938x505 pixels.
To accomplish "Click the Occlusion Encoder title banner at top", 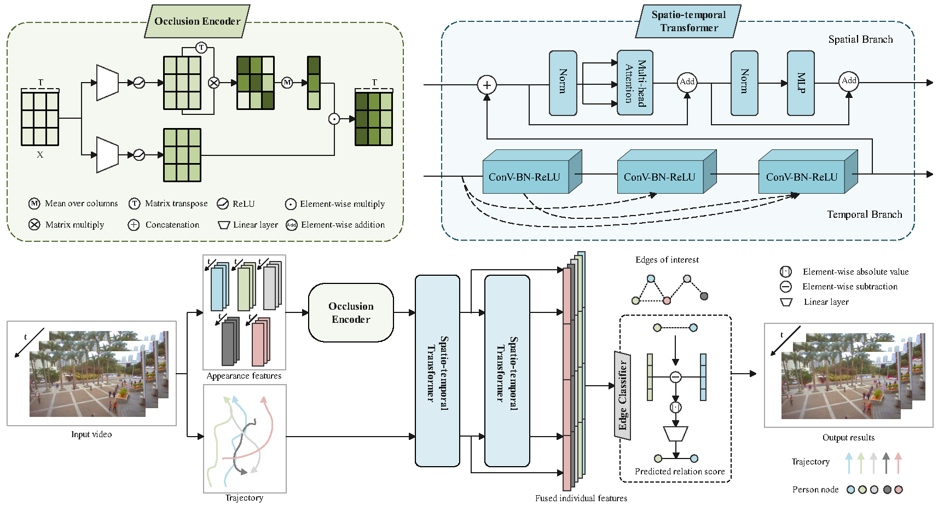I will (197, 21).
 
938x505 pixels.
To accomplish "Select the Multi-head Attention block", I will (635, 83).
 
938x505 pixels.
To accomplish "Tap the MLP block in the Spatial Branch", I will (801, 83).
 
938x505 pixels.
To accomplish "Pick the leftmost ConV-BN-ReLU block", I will (524, 177).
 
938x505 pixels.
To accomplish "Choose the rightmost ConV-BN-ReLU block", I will (801, 177).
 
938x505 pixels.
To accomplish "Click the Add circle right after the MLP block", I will (849, 81).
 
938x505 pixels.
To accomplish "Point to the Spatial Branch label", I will (860, 39).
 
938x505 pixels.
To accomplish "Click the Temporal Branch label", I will (864, 214).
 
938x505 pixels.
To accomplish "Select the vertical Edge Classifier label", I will (622, 396).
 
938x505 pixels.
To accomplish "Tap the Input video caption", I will (91, 434).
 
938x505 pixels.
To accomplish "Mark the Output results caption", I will (848, 438).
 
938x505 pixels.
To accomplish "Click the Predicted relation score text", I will (679, 472).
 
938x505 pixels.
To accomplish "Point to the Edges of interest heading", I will (667, 260).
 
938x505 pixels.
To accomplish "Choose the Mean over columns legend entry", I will (73, 204).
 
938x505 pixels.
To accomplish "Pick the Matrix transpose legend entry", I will (169, 204).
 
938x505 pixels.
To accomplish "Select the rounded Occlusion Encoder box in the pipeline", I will (351, 312).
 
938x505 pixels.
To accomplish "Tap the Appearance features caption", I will (244, 376).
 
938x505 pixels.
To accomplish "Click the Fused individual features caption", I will (581, 498).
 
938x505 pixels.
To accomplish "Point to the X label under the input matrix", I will (40, 155).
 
